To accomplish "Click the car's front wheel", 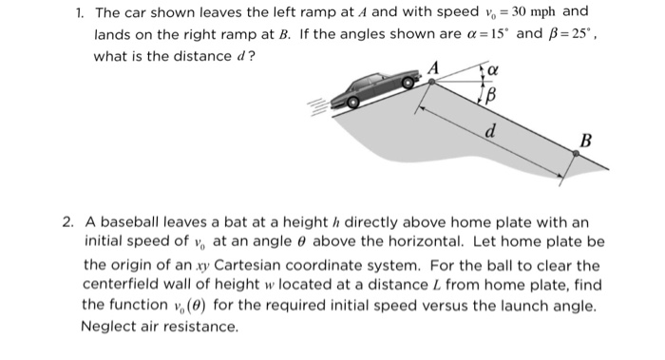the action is click(408, 83).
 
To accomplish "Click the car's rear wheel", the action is click(352, 103).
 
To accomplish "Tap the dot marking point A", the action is click(431, 82).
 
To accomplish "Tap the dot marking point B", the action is click(576, 154).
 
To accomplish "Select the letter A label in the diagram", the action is click(433, 67).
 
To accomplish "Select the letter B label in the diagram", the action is click(585, 141).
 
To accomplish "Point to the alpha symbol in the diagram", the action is click(492, 69).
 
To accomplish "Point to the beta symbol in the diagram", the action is click(490, 96).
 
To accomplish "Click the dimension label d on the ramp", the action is click(490, 131).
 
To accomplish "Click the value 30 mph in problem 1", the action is click(533, 11).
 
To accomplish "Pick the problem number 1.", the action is click(79, 12).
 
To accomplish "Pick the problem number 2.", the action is click(67, 221).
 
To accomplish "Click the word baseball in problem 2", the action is click(130, 221).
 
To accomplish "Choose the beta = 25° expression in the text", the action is click(570, 34).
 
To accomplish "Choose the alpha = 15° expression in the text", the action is click(486, 34).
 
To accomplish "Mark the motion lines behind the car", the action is click(319, 106).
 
